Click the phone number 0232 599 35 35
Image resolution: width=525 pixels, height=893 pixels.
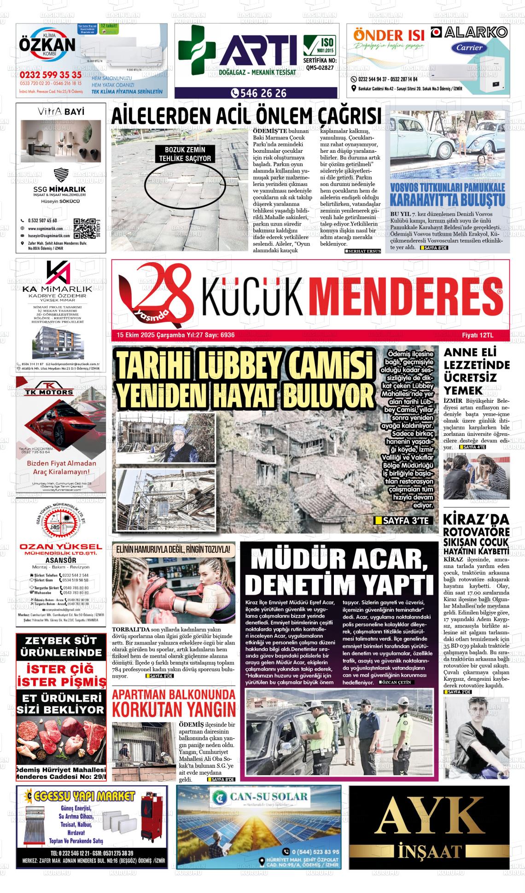[51, 75]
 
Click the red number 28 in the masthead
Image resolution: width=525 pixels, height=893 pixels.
[157, 293]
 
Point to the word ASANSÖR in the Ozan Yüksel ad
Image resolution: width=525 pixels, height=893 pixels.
[61, 560]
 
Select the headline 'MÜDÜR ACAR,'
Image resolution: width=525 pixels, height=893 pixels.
[339, 561]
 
